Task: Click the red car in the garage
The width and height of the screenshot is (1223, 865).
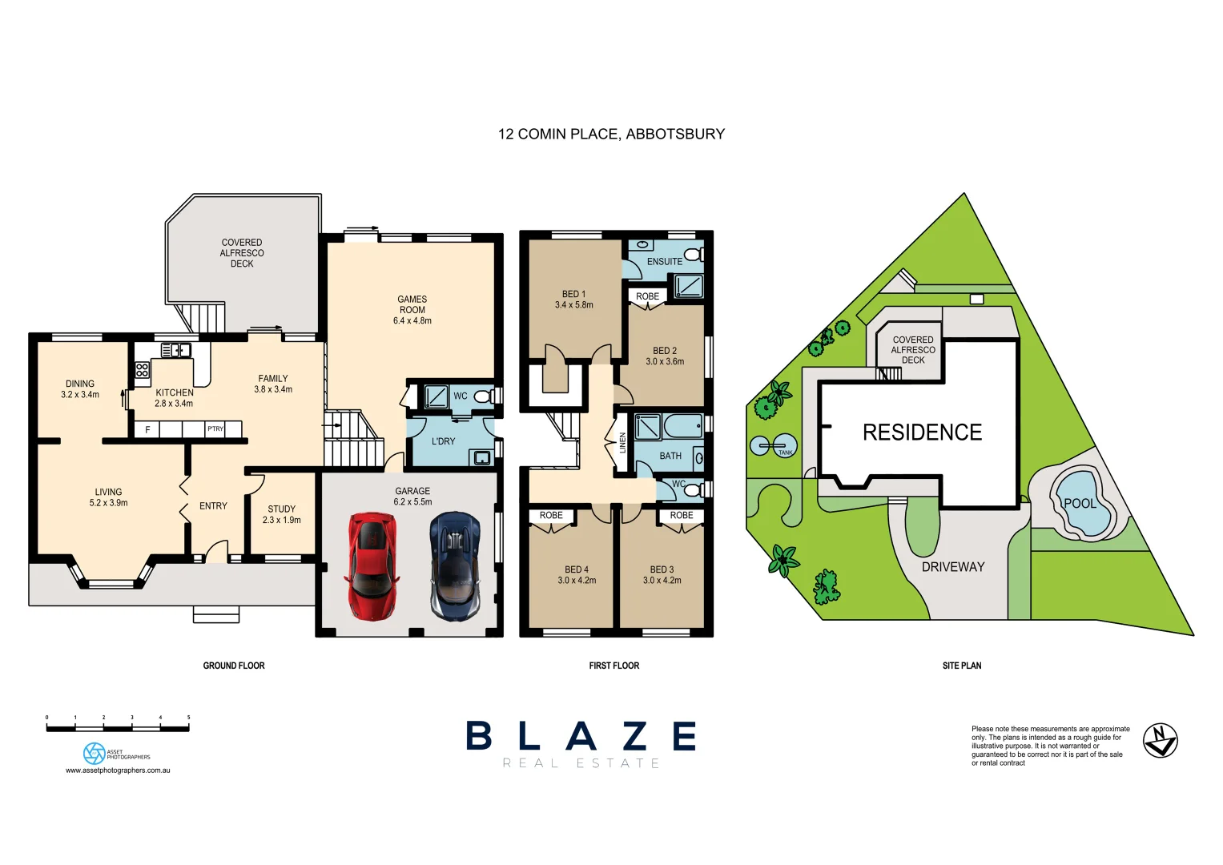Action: coord(372,565)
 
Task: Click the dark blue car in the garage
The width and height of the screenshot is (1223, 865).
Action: coord(455,566)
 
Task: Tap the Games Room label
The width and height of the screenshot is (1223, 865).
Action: coord(412,310)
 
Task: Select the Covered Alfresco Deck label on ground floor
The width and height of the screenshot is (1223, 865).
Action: coord(242,253)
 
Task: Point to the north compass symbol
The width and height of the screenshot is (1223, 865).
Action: coord(1159,740)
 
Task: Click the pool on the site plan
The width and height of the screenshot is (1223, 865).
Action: coord(1083,505)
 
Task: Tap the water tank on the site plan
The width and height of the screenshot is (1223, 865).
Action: coord(773,445)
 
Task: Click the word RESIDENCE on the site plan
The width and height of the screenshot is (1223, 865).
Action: coord(922,432)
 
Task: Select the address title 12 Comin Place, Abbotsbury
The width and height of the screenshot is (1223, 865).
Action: coord(611,134)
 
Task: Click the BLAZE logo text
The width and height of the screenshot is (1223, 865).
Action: coord(581,736)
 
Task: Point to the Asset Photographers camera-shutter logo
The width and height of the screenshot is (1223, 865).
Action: coord(94,753)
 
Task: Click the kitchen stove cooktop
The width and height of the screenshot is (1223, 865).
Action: coord(142,370)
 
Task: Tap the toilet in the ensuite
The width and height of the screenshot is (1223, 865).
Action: coord(694,255)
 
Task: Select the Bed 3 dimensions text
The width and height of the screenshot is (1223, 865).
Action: coord(662,581)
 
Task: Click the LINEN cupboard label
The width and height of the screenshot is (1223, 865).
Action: coord(622,443)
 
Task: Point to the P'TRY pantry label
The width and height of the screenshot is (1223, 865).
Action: coord(215,429)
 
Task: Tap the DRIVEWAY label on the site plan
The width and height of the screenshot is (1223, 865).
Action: coord(952,567)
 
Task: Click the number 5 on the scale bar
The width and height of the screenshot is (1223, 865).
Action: coord(188,718)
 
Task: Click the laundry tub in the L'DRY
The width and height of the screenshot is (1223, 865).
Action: coord(481,457)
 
